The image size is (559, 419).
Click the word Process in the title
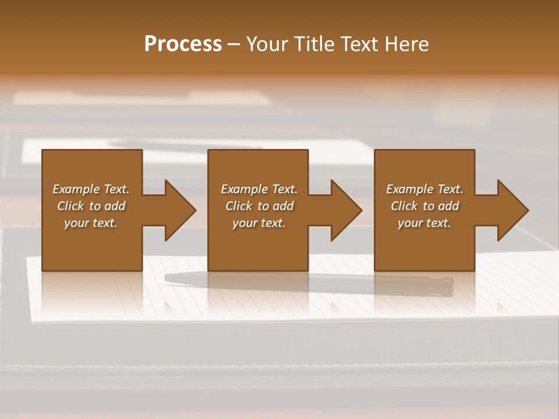click(x=183, y=44)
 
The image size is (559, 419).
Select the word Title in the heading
click(x=312, y=44)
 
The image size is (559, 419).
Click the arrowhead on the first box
click(x=178, y=210)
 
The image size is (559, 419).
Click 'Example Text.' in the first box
click(x=91, y=189)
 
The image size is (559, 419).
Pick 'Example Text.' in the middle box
click(x=259, y=189)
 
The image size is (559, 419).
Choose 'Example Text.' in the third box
click(x=424, y=189)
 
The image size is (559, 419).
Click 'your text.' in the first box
click(x=91, y=223)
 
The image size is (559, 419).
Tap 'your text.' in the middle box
click(x=259, y=223)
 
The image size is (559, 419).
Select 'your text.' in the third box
click(x=424, y=223)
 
